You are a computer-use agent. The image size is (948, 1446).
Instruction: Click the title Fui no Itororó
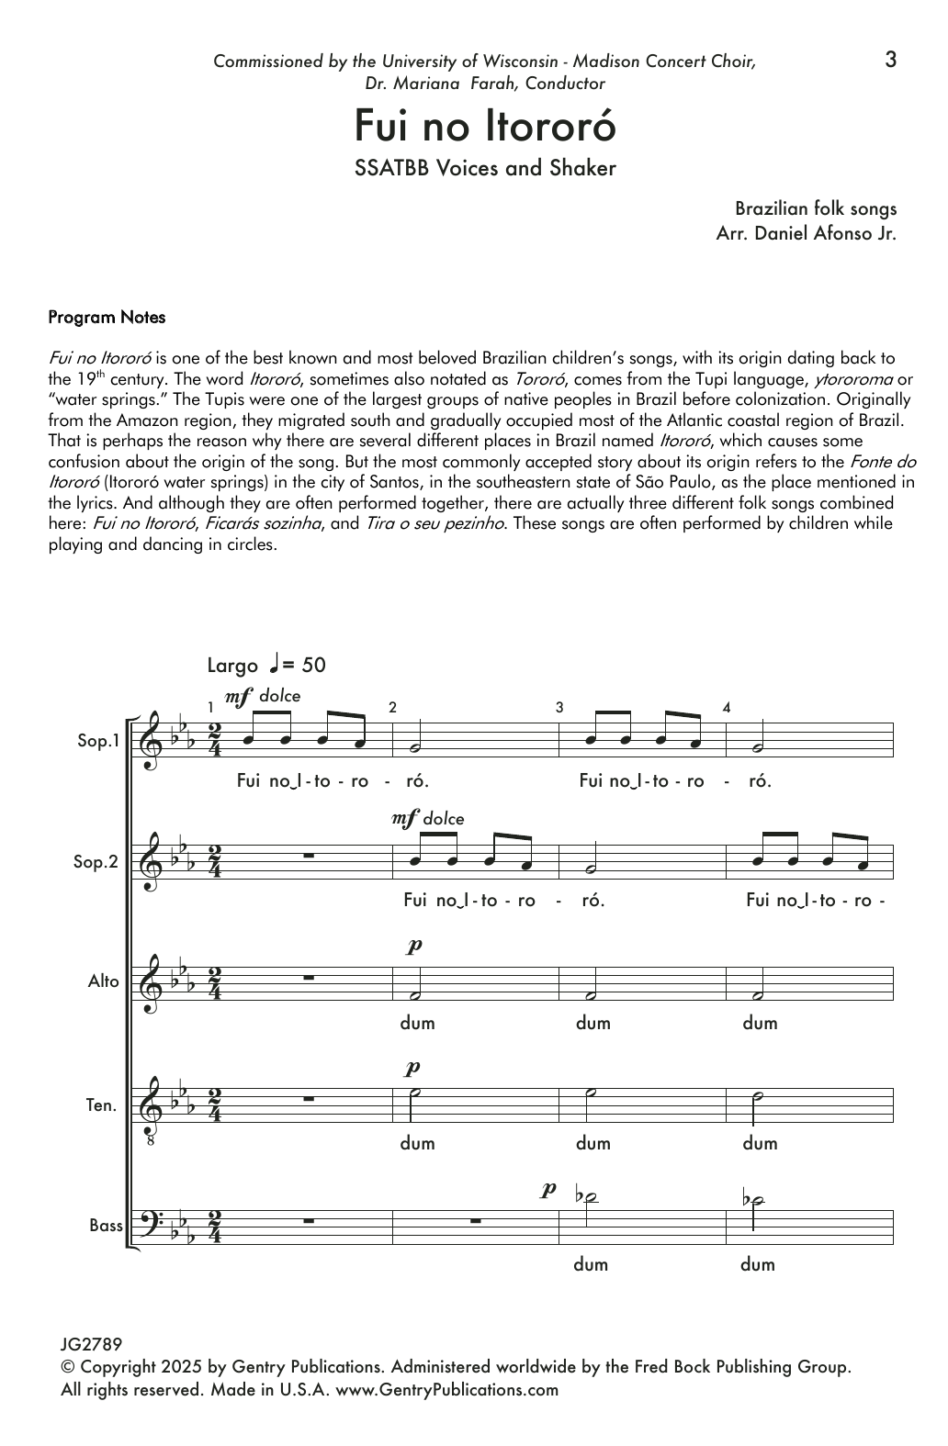point(484,128)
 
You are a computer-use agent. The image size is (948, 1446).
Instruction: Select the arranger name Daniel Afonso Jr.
point(824,233)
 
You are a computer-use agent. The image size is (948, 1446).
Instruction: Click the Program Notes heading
point(107,318)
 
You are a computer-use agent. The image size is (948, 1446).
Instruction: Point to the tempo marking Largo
point(232,666)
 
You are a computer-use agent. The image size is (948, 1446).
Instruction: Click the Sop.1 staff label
point(98,741)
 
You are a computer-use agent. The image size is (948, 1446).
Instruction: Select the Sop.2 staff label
point(98,862)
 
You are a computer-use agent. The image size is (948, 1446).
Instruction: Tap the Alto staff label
point(104,981)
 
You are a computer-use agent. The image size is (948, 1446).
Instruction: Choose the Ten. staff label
point(102,1105)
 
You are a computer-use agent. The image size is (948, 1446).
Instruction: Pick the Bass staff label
point(106,1226)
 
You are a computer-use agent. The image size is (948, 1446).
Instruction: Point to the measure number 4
point(727,708)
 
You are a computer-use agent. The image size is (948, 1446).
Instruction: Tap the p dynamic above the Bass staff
point(548,1190)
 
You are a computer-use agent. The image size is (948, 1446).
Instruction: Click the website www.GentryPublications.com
point(446,1389)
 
